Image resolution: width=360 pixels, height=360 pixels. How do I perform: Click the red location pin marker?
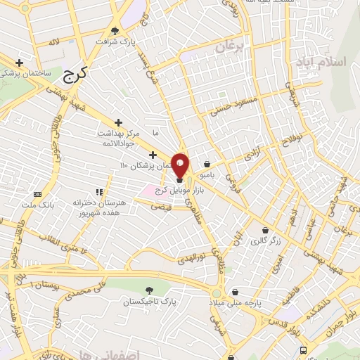(x=181, y=165)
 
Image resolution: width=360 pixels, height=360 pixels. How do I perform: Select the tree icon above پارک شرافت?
(x=115, y=30)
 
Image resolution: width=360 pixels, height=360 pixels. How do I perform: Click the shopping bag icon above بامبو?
(x=207, y=163)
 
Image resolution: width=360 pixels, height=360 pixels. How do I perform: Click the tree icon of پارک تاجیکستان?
(x=149, y=290)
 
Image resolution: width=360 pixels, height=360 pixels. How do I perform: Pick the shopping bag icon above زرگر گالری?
(x=265, y=230)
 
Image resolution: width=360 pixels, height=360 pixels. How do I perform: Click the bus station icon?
(x=303, y=349)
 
